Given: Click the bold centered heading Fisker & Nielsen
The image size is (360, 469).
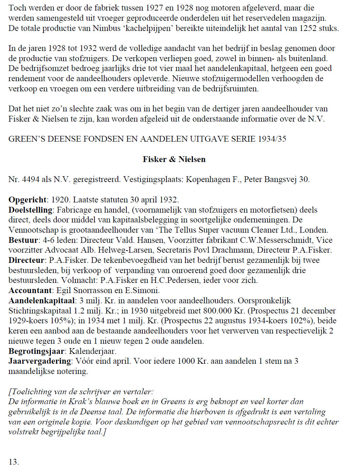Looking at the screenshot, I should click(174, 159).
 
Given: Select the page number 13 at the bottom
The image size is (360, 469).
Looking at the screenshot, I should click(14, 462).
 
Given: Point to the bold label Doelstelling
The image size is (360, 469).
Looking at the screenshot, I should click(31, 210).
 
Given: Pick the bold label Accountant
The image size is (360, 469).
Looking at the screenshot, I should click(30, 290).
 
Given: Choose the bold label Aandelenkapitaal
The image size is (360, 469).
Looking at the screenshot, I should click(41, 301).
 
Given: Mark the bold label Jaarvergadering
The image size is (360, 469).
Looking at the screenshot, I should click(40, 361).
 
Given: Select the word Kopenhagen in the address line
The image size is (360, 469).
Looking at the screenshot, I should click(208, 179).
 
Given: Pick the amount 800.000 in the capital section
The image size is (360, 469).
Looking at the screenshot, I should click(218, 311).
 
